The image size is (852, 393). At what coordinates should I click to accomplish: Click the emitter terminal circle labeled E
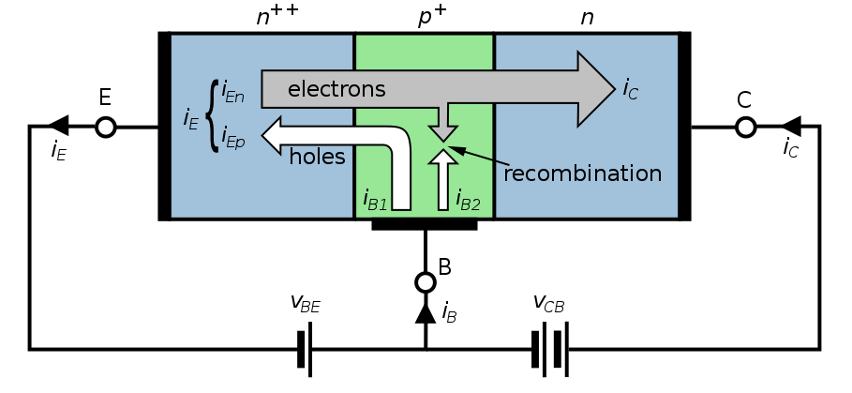click(x=106, y=127)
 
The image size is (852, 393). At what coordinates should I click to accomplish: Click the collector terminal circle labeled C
click(x=745, y=127)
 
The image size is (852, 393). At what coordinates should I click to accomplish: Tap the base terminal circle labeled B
click(x=426, y=281)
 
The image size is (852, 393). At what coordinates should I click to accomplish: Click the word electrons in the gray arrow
click(x=336, y=90)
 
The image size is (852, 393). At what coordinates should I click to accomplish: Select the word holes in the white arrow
click(x=317, y=156)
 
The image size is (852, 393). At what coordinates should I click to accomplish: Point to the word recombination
click(x=583, y=174)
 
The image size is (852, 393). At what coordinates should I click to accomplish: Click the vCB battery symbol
click(x=549, y=349)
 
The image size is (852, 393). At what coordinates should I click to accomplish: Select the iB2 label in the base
click(x=468, y=199)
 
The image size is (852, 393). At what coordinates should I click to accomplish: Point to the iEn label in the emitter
click(x=233, y=93)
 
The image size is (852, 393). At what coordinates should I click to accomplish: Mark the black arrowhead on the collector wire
click(x=790, y=127)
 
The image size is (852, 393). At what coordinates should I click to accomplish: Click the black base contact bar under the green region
click(x=425, y=225)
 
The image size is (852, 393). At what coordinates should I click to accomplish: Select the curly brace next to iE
click(x=211, y=117)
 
